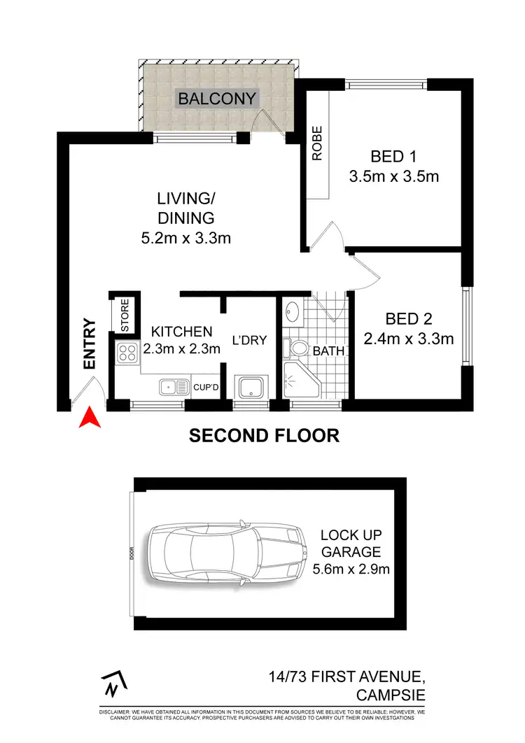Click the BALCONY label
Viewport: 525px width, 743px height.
tap(217, 99)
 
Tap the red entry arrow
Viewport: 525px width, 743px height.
tap(88, 417)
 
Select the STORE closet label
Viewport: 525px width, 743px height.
tap(125, 316)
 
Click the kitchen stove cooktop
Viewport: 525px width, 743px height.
tap(127, 354)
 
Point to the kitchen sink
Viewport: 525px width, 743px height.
tap(171, 386)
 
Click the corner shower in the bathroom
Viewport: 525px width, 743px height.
tap(299, 382)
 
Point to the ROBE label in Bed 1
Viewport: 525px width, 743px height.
tap(317, 143)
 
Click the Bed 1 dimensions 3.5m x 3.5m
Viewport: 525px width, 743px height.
tap(393, 176)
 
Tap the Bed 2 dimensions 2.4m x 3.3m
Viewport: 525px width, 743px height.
tap(409, 339)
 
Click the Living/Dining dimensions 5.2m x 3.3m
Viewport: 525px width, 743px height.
tap(185, 238)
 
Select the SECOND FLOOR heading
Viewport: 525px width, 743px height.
tap(264, 435)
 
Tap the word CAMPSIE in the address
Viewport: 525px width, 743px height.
tap(390, 696)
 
